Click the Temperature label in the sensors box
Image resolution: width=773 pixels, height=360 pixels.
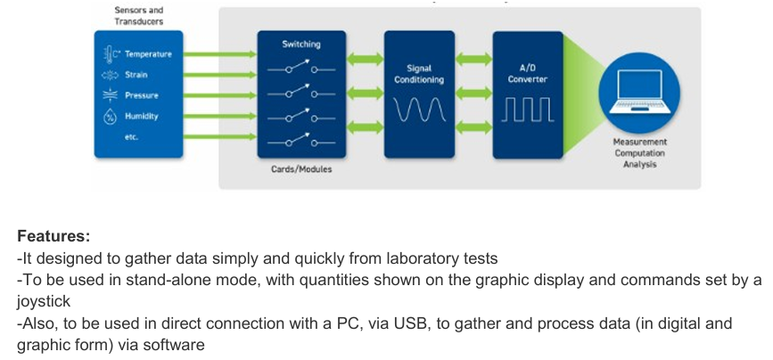(x=148, y=54)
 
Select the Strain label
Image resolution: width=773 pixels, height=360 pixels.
(x=136, y=75)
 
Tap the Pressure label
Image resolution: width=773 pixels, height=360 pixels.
(x=142, y=95)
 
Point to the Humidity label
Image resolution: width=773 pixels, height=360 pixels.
(x=142, y=116)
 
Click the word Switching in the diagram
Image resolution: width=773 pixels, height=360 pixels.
(x=301, y=44)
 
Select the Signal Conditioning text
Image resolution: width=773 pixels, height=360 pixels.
(x=419, y=74)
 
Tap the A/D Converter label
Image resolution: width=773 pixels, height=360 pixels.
(x=528, y=74)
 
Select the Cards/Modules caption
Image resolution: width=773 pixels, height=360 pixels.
(x=301, y=169)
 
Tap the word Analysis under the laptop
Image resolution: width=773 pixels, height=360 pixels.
(x=639, y=165)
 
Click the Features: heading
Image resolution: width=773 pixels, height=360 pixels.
(x=53, y=237)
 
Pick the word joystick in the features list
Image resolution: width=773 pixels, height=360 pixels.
(x=44, y=302)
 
